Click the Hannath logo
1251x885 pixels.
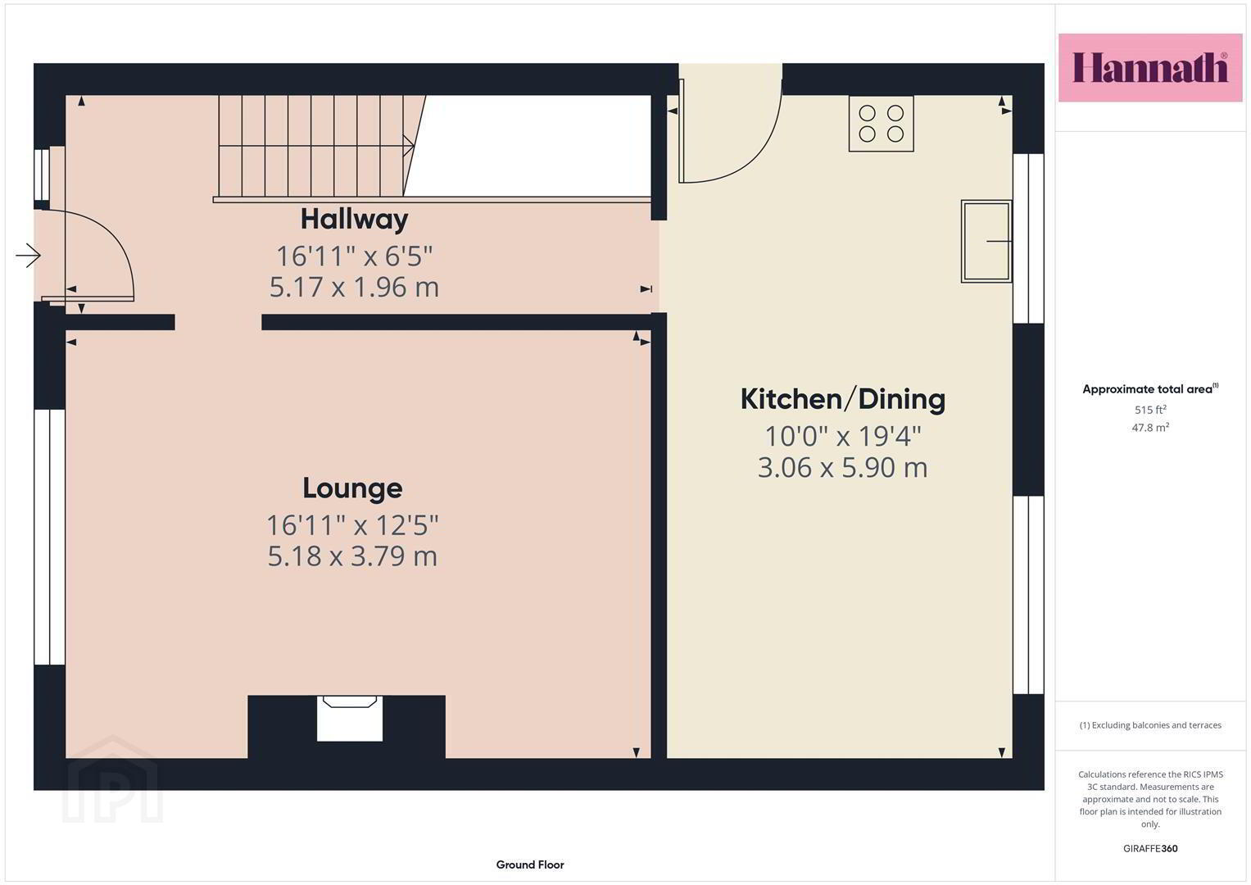click(1150, 67)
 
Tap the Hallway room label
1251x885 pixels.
click(354, 219)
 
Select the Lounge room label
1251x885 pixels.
click(352, 488)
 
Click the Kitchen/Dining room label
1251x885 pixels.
click(843, 399)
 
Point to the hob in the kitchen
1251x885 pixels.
click(881, 124)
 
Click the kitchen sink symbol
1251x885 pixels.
click(986, 242)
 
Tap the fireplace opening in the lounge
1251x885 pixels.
click(350, 719)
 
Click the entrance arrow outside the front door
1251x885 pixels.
click(28, 256)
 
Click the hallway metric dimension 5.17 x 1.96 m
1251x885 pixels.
click(354, 287)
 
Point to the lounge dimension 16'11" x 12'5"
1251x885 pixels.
click(352, 525)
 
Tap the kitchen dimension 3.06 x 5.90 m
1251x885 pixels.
click(842, 467)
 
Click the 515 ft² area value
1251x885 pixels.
click(1150, 410)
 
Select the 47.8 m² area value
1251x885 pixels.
click(1150, 428)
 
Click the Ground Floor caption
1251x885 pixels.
click(530, 865)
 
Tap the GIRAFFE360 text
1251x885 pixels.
click(1150, 848)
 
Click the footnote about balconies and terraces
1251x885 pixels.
click(1150, 725)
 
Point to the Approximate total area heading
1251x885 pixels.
click(1150, 389)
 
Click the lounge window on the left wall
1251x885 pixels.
click(50, 537)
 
